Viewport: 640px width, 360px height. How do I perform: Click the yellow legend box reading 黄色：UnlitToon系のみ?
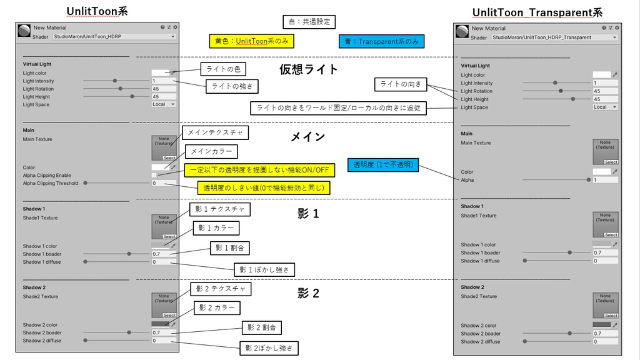pos(251,41)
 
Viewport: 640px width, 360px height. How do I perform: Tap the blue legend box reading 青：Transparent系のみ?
pos(381,41)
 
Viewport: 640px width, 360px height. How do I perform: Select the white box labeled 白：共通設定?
pos(309,22)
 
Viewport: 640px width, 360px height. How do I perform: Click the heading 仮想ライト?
pos(309,69)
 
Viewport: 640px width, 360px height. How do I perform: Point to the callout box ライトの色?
pos(223,69)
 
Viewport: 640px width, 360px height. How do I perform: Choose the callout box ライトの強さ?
pos(232,86)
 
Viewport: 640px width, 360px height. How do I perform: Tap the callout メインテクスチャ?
pos(215,132)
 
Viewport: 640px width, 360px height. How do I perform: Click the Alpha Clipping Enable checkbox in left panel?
pos(154,176)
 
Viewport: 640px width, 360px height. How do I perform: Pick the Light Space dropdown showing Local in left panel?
pos(164,104)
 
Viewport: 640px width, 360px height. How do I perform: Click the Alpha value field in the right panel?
pos(604,180)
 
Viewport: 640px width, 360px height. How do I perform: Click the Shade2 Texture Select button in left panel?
pos(169,316)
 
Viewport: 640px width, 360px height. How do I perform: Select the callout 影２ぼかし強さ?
pos(269,347)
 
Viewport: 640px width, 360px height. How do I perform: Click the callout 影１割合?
pos(231,248)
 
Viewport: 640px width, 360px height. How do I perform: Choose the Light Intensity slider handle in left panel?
pos(115,81)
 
